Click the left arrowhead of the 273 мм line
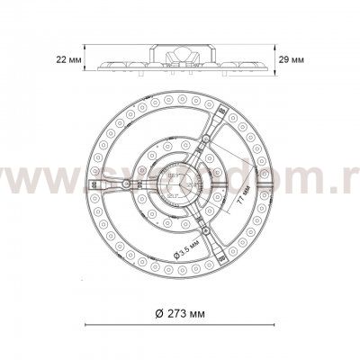click(85, 325)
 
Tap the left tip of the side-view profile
click(97, 65)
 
